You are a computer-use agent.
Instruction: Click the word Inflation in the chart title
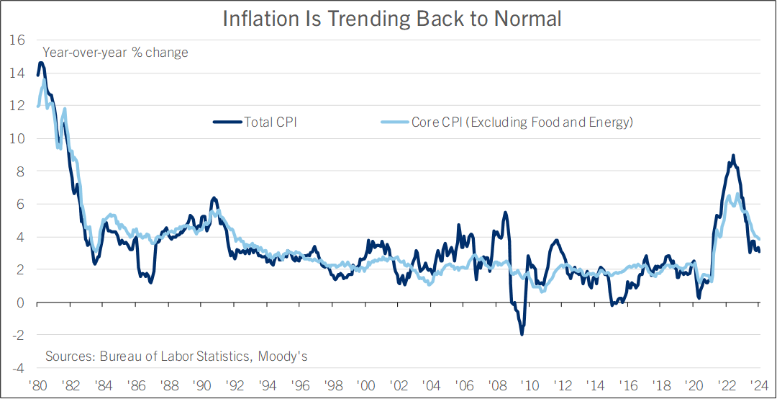coord(257,19)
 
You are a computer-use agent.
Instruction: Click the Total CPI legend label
coord(271,122)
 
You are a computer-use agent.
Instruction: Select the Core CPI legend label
coord(522,122)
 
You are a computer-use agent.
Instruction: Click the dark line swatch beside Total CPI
coord(228,122)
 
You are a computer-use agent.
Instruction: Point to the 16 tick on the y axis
coord(16,40)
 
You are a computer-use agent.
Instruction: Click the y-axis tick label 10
coord(16,138)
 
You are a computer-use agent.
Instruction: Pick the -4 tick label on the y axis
coord(16,368)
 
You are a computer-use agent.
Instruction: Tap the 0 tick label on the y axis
coord(20,302)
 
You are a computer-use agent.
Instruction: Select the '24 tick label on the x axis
coord(759,385)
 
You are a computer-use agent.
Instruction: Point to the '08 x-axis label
coord(496,385)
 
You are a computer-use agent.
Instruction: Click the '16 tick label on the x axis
coord(628,385)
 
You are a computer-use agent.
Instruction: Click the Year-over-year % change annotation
coord(116,53)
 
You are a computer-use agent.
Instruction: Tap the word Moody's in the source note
coord(285,357)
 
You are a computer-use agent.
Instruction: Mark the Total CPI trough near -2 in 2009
coord(522,334)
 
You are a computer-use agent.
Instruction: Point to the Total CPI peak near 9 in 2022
coord(733,156)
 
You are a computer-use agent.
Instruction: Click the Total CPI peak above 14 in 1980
coord(41,63)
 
